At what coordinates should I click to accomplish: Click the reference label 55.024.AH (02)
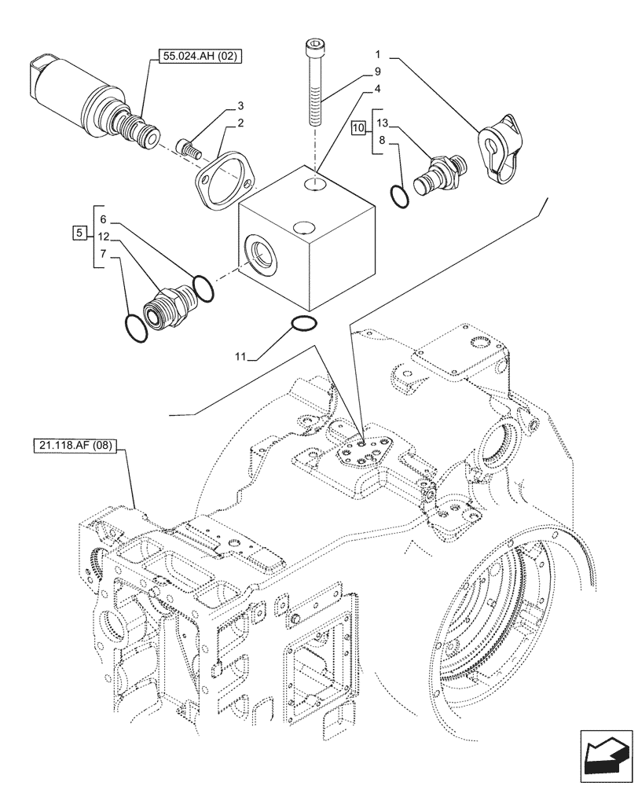pyautogui.click(x=202, y=56)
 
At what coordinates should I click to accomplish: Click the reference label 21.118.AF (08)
pyautogui.click(x=75, y=446)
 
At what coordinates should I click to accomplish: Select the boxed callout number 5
pyautogui.click(x=78, y=232)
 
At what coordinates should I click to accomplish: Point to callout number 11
pyautogui.click(x=238, y=357)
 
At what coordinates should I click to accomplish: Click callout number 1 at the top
pyautogui.click(x=378, y=56)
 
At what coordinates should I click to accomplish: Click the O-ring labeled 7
pyautogui.click(x=137, y=328)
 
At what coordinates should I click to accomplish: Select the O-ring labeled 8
pyautogui.click(x=399, y=196)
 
